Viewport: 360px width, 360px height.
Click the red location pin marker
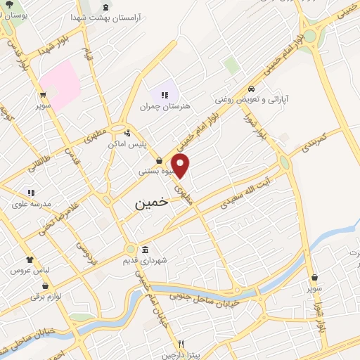181,167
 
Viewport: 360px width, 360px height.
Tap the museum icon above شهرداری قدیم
145,250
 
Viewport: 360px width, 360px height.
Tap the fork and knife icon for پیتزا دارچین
181,344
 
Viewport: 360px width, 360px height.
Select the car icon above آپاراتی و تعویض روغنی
252,89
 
